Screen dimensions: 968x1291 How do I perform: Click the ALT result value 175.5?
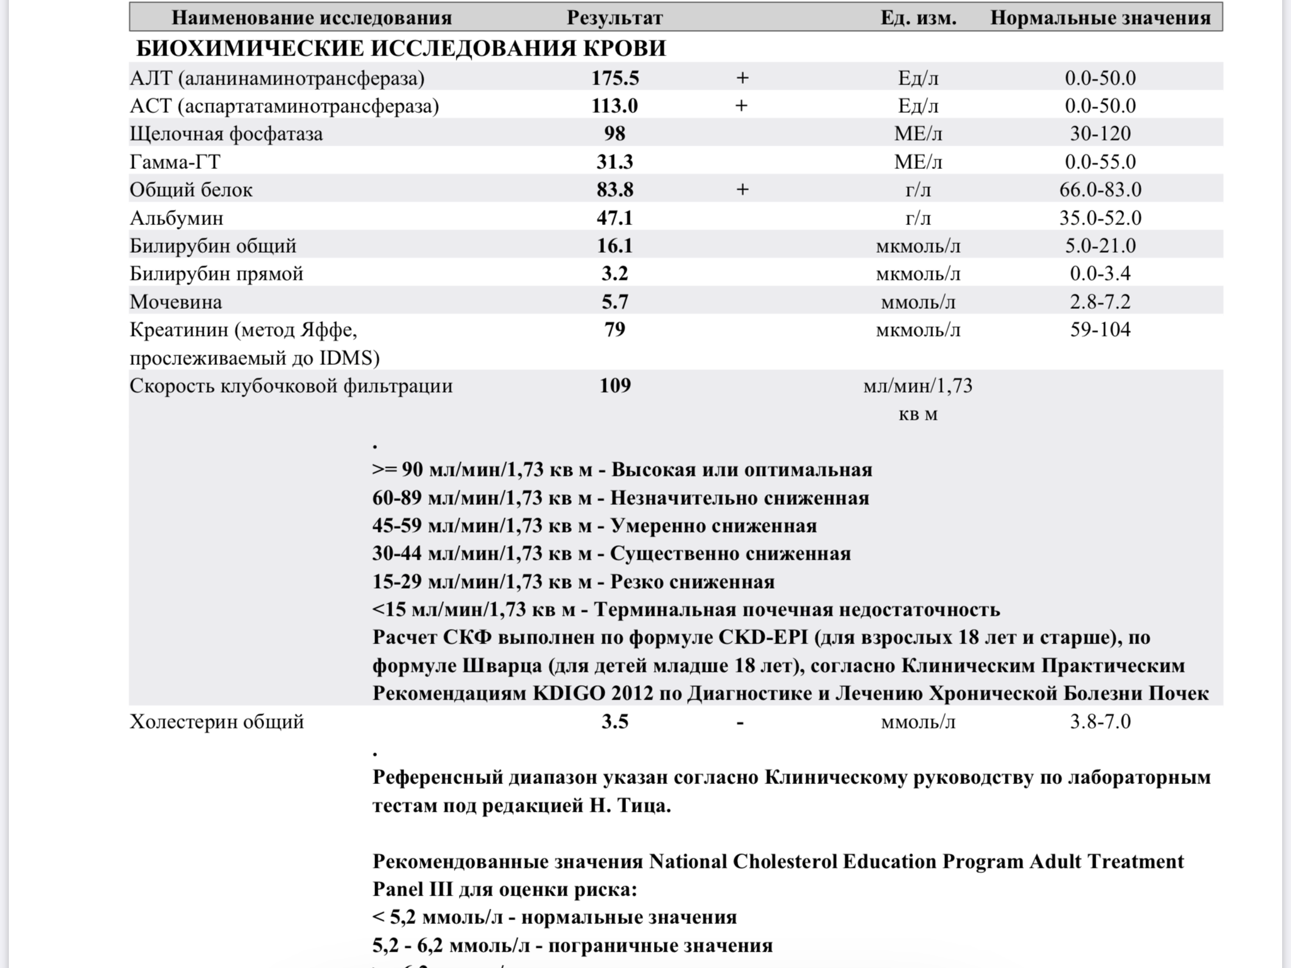615,78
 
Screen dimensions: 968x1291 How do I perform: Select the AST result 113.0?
614,106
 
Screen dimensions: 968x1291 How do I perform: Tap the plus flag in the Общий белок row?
742,190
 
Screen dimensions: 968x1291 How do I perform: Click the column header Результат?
615,18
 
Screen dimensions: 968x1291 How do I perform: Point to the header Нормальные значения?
1100,18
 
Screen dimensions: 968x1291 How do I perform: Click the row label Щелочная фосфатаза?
226,134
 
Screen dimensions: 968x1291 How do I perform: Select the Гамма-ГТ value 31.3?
615,162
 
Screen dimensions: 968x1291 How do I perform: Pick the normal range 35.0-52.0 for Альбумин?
1100,218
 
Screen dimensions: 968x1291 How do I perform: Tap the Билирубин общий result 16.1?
615,246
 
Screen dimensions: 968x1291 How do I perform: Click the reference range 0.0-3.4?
1100,274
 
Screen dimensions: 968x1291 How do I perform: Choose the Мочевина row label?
176,302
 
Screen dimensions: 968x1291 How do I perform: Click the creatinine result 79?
615,330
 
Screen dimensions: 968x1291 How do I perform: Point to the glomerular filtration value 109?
615,385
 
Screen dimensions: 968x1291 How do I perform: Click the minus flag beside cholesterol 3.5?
740,722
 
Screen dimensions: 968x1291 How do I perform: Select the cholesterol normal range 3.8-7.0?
1100,722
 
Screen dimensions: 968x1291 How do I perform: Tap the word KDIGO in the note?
569,693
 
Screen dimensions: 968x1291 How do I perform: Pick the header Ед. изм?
918,18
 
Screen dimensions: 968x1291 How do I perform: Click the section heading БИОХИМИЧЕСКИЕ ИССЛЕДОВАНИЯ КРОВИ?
401,49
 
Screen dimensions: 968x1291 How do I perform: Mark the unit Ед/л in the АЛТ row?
918,78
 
